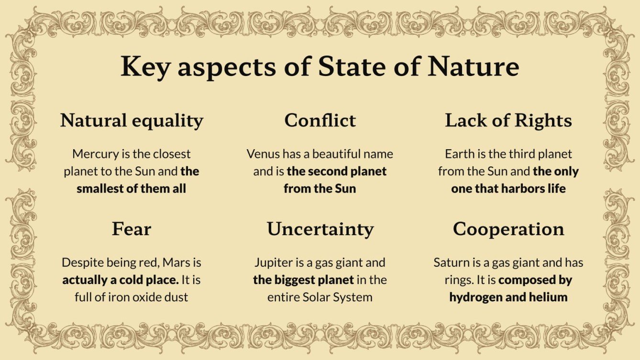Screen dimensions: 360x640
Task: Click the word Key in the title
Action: pyautogui.click(x=144, y=66)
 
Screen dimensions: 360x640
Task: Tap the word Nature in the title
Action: pyautogui.click(x=473, y=66)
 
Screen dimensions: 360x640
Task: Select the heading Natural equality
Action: pyautogui.click(x=132, y=120)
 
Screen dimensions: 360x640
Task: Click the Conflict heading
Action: pyautogui.click(x=320, y=120)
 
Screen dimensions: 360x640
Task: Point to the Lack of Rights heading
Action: pyautogui.click(x=508, y=120)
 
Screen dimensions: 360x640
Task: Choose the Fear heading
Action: pyautogui.click(x=132, y=229)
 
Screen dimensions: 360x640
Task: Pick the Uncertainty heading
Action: pyautogui.click(x=320, y=229)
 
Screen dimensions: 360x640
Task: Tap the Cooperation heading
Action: pyautogui.click(x=508, y=229)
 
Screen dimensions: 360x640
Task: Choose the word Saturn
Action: pyautogui.click(x=450, y=262)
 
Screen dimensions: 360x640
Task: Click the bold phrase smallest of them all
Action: pyautogui.click(x=132, y=188)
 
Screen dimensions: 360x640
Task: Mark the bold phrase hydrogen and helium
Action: pyautogui.click(x=508, y=297)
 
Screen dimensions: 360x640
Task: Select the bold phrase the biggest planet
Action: pyautogui.click(x=303, y=280)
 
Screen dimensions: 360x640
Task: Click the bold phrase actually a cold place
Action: pyautogui.click(x=121, y=280)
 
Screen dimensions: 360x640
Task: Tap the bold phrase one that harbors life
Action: pyautogui.click(x=508, y=188)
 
